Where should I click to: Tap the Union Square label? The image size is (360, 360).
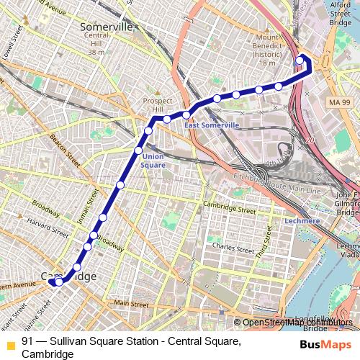153,161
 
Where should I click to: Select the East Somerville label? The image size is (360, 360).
212,125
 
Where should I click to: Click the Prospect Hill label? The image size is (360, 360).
158,105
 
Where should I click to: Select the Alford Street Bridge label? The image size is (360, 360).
341,14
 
